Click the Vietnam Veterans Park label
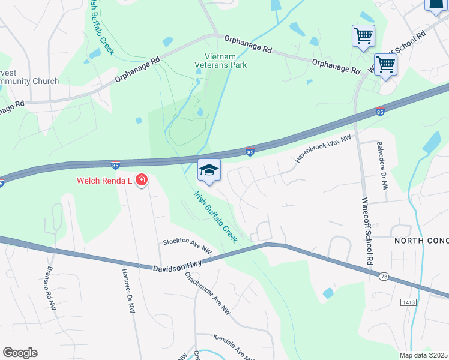pos(221,61)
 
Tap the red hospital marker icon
pos(142,179)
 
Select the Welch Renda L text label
pos(105,180)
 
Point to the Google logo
pos(20,353)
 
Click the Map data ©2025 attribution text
pos(424,355)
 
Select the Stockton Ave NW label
pos(188,245)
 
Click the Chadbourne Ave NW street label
pos(208,294)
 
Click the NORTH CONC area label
pos(421,241)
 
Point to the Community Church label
pos(29,82)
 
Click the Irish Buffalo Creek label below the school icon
pos(215,217)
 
